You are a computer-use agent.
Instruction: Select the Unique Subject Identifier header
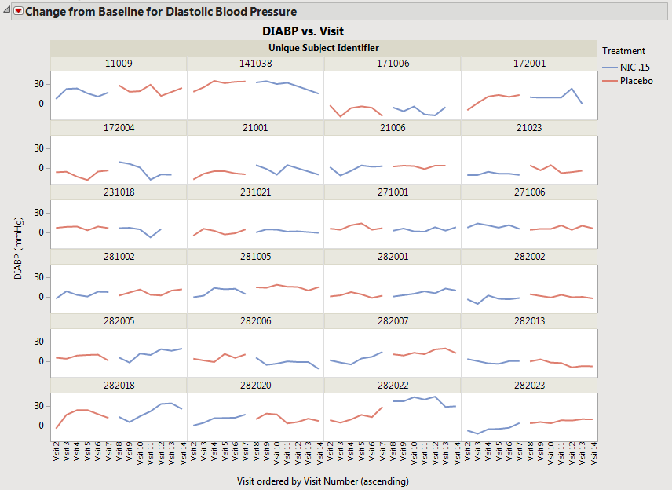pyautogui.click(x=324, y=48)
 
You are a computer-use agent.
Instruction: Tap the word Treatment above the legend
pyautogui.click(x=623, y=51)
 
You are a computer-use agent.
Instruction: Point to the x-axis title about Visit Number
pyautogui.click(x=323, y=480)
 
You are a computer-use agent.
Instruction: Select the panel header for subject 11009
pyautogui.click(x=119, y=63)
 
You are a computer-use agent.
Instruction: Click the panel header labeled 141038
pyautogui.click(x=255, y=63)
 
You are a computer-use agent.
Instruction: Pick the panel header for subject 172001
pyautogui.click(x=529, y=63)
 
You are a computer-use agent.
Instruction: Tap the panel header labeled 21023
pyautogui.click(x=529, y=127)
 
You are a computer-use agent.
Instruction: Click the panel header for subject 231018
pyautogui.click(x=119, y=192)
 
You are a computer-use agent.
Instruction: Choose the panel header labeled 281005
pyautogui.click(x=255, y=256)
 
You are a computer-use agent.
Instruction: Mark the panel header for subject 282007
pyautogui.click(x=393, y=320)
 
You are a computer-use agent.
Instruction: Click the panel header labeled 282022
pyautogui.click(x=393, y=385)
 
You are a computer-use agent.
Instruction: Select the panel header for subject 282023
pyautogui.click(x=529, y=385)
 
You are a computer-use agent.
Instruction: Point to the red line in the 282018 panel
pyautogui.click(x=77, y=410)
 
